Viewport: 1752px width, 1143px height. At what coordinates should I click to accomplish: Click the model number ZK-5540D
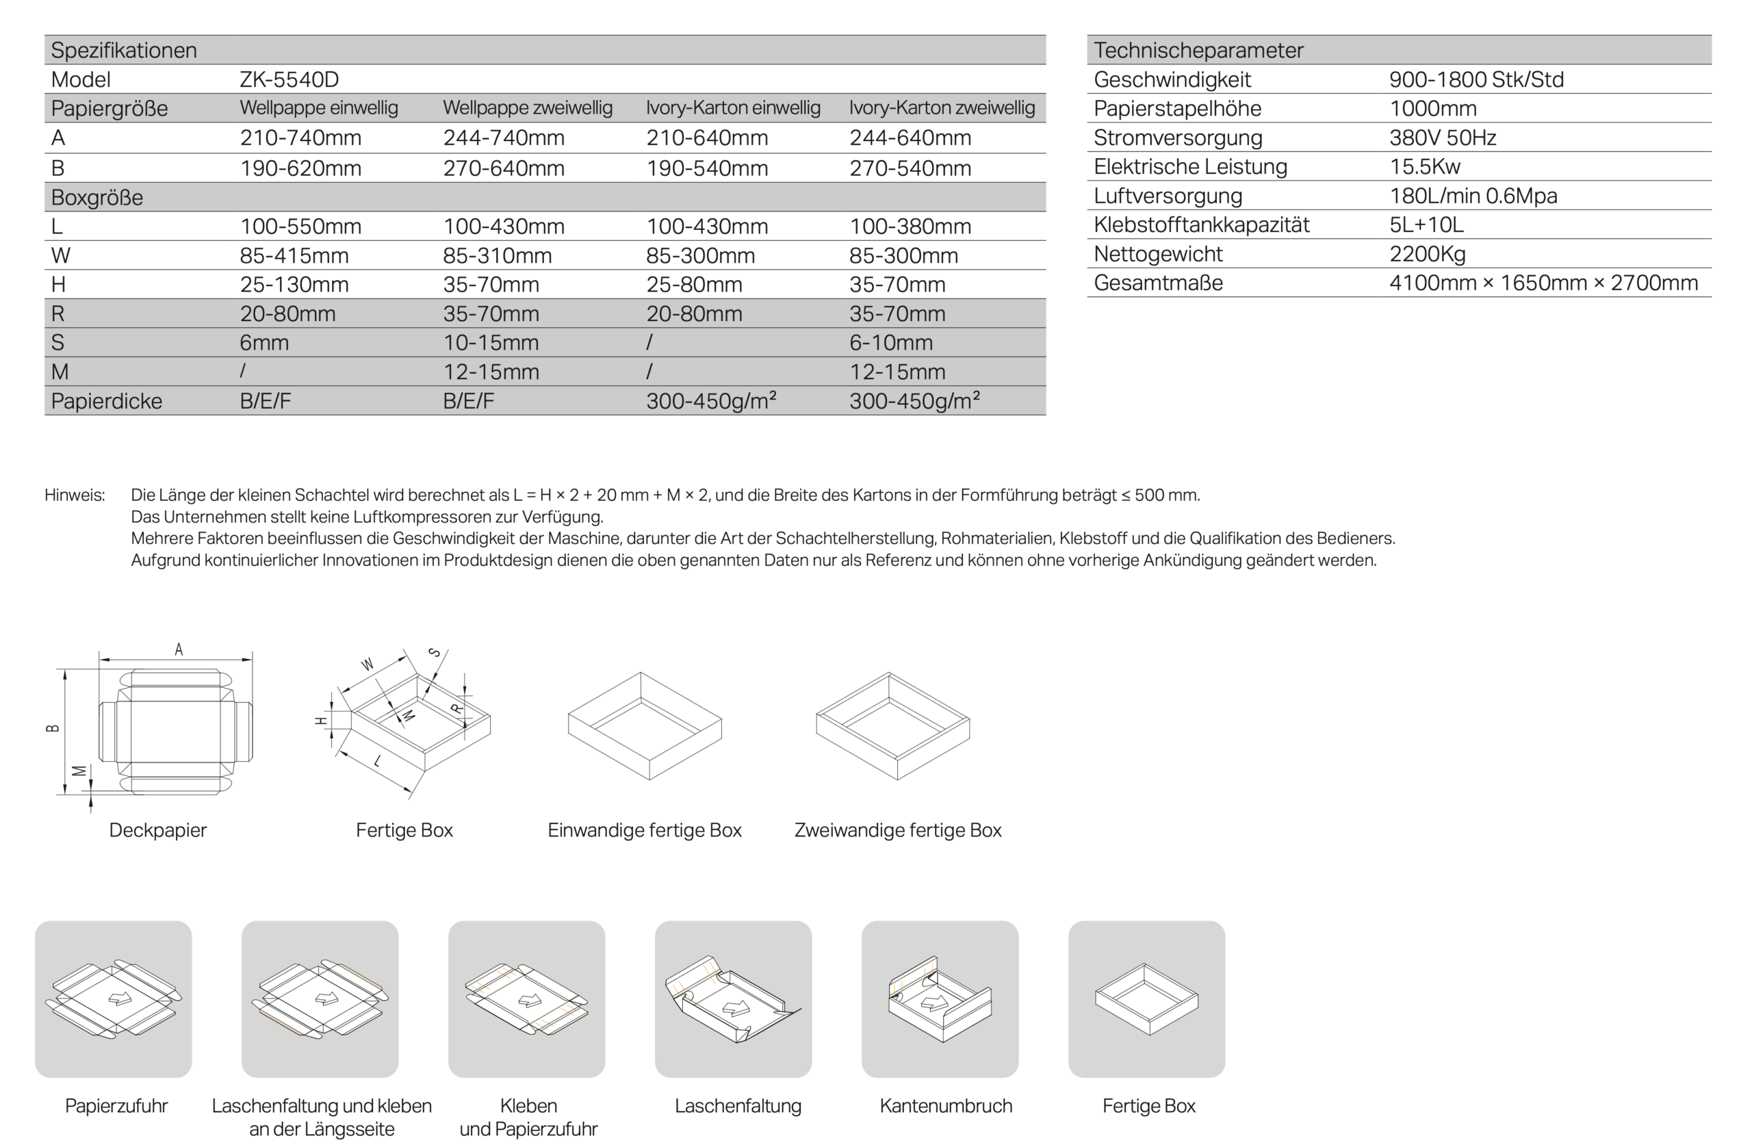(x=289, y=79)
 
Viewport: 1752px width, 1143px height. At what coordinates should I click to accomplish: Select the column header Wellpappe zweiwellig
(x=527, y=108)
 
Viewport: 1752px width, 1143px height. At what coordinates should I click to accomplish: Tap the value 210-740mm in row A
(x=300, y=138)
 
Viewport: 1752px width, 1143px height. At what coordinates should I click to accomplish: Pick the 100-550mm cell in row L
(x=300, y=226)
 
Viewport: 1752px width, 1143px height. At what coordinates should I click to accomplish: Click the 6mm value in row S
(x=264, y=342)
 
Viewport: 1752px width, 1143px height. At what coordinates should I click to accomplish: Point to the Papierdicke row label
(x=106, y=401)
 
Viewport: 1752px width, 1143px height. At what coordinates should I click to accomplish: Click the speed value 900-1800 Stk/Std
(x=1476, y=79)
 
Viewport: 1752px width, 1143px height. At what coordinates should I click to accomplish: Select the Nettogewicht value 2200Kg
(x=1427, y=254)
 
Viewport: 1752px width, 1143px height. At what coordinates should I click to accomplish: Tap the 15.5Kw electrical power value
(x=1424, y=166)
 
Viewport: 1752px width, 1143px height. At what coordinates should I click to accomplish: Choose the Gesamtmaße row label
(x=1158, y=283)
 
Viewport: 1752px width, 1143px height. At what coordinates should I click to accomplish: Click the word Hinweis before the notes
(x=75, y=495)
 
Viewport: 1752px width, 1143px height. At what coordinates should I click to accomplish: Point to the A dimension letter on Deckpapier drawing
(x=178, y=649)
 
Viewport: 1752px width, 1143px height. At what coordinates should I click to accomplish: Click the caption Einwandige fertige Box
(x=644, y=830)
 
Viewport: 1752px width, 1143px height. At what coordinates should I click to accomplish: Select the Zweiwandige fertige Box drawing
(x=893, y=726)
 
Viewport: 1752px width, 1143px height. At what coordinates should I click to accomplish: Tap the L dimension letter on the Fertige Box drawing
(x=378, y=761)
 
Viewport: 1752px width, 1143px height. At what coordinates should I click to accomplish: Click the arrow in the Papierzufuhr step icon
(x=120, y=999)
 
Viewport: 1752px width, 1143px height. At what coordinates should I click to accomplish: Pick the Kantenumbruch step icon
(x=940, y=999)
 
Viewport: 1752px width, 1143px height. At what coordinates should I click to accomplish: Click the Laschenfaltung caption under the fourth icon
(x=738, y=1105)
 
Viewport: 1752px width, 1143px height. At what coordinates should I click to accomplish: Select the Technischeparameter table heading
(x=1198, y=50)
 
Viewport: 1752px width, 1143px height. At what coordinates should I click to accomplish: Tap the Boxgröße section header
(x=96, y=197)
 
